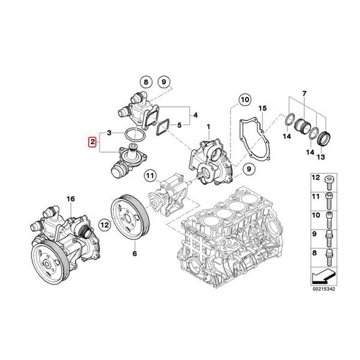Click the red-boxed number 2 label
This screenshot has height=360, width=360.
pos(92,142)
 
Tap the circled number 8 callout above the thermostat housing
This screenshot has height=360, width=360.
pos(146,82)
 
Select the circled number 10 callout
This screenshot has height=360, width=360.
pos(245,100)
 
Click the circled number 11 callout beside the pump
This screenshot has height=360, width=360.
pos(150,176)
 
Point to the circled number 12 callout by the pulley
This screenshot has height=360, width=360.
pos(105,225)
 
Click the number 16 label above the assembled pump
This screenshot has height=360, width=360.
pos(71,199)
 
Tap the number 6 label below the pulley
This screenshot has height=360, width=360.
pos(134,253)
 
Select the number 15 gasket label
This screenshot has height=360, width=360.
pos(263,108)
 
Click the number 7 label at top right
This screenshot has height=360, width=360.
pos(304,94)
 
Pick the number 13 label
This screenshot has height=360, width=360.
pos(321,157)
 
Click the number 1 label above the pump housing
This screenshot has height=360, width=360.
pos(208,127)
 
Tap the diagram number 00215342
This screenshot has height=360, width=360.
pos(324,289)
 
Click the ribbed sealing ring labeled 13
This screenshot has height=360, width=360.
pos(324,138)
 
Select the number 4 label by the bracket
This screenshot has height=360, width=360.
pos(195,115)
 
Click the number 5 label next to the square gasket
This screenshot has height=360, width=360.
pos(179,125)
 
